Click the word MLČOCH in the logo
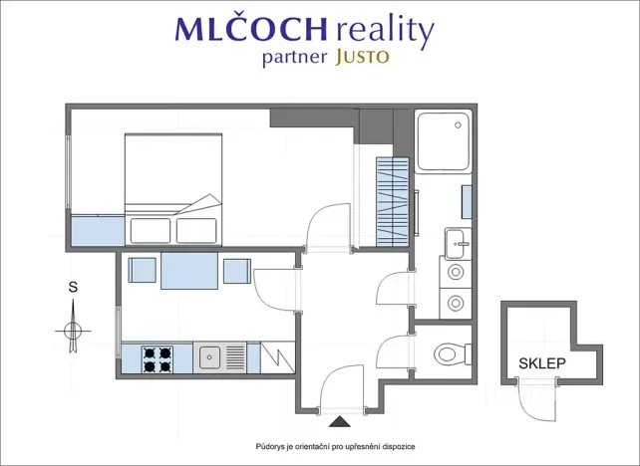coord(251,28)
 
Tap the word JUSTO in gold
coord(362,58)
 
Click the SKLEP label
coord(542,363)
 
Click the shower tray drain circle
coord(458,125)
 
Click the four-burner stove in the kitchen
coord(158,359)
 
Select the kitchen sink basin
coord(209,357)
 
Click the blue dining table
coord(189,271)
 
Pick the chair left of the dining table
coord(142,270)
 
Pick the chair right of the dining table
coord(237,271)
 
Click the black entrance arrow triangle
coord(340,421)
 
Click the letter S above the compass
coord(73,287)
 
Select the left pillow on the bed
coord(151,231)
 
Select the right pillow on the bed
coord(196,231)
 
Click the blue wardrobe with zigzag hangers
coord(392,202)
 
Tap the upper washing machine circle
coord(456,272)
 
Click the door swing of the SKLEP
coord(536,400)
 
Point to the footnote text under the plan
coord(335,447)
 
